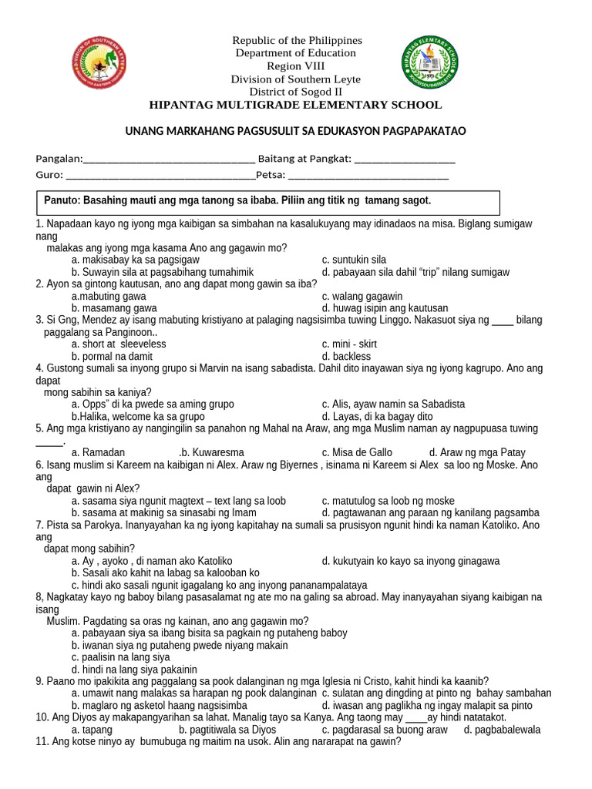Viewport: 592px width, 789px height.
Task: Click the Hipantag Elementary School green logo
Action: tap(429, 62)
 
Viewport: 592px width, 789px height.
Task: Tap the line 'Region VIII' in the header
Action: tap(297, 66)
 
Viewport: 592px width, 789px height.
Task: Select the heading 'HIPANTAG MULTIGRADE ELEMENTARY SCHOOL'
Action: tap(296, 105)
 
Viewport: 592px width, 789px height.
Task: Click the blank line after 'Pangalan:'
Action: tap(169, 159)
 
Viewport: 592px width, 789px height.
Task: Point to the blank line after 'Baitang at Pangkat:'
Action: tap(405, 159)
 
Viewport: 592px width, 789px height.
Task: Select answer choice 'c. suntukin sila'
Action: tap(354, 260)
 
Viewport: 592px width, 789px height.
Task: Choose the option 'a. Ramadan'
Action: tap(98, 452)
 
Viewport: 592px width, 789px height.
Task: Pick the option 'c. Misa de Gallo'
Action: tap(357, 452)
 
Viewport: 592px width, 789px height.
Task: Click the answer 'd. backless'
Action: tap(346, 357)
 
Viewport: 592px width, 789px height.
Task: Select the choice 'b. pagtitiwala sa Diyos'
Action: tap(228, 730)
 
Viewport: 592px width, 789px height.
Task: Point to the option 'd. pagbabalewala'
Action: tap(502, 730)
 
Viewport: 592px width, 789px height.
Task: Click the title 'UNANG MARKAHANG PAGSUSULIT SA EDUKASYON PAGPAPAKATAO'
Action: tap(296, 132)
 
